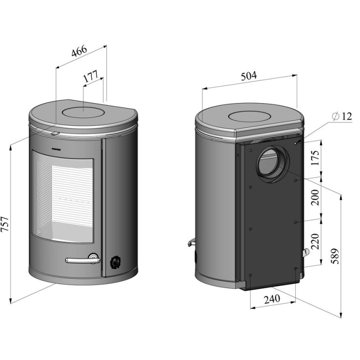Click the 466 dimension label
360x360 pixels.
click(x=79, y=51)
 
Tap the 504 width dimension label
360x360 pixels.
click(x=248, y=76)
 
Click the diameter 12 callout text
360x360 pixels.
click(x=342, y=116)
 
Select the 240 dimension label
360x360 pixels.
click(x=273, y=298)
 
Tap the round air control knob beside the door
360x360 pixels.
click(x=115, y=261)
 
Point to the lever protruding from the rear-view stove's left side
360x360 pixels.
click(x=190, y=243)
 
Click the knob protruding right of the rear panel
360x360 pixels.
click(x=306, y=253)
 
